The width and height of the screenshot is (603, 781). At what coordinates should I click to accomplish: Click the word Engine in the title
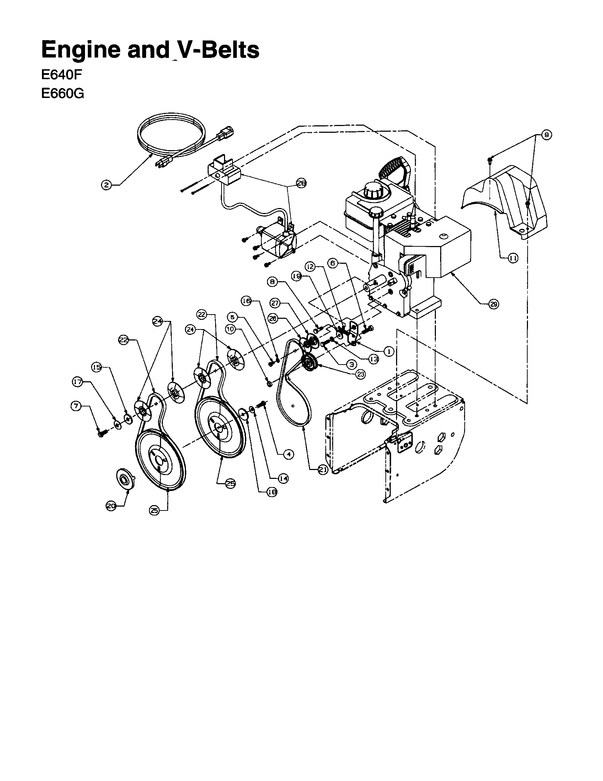(81, 50)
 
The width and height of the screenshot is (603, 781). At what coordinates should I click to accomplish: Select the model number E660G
(63, 93)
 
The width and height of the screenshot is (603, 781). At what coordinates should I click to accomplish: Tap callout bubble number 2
(106, 185)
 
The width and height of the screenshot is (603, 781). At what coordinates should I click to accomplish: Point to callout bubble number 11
(513, 258)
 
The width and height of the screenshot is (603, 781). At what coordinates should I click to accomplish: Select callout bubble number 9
(546, 135)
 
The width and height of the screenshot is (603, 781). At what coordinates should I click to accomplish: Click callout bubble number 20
(111, 506)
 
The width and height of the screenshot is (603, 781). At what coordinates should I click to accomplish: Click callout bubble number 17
(78, 382)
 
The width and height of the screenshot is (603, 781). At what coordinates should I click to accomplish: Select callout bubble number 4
(288, 454)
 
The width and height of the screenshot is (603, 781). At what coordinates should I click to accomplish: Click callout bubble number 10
(231, 329)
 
